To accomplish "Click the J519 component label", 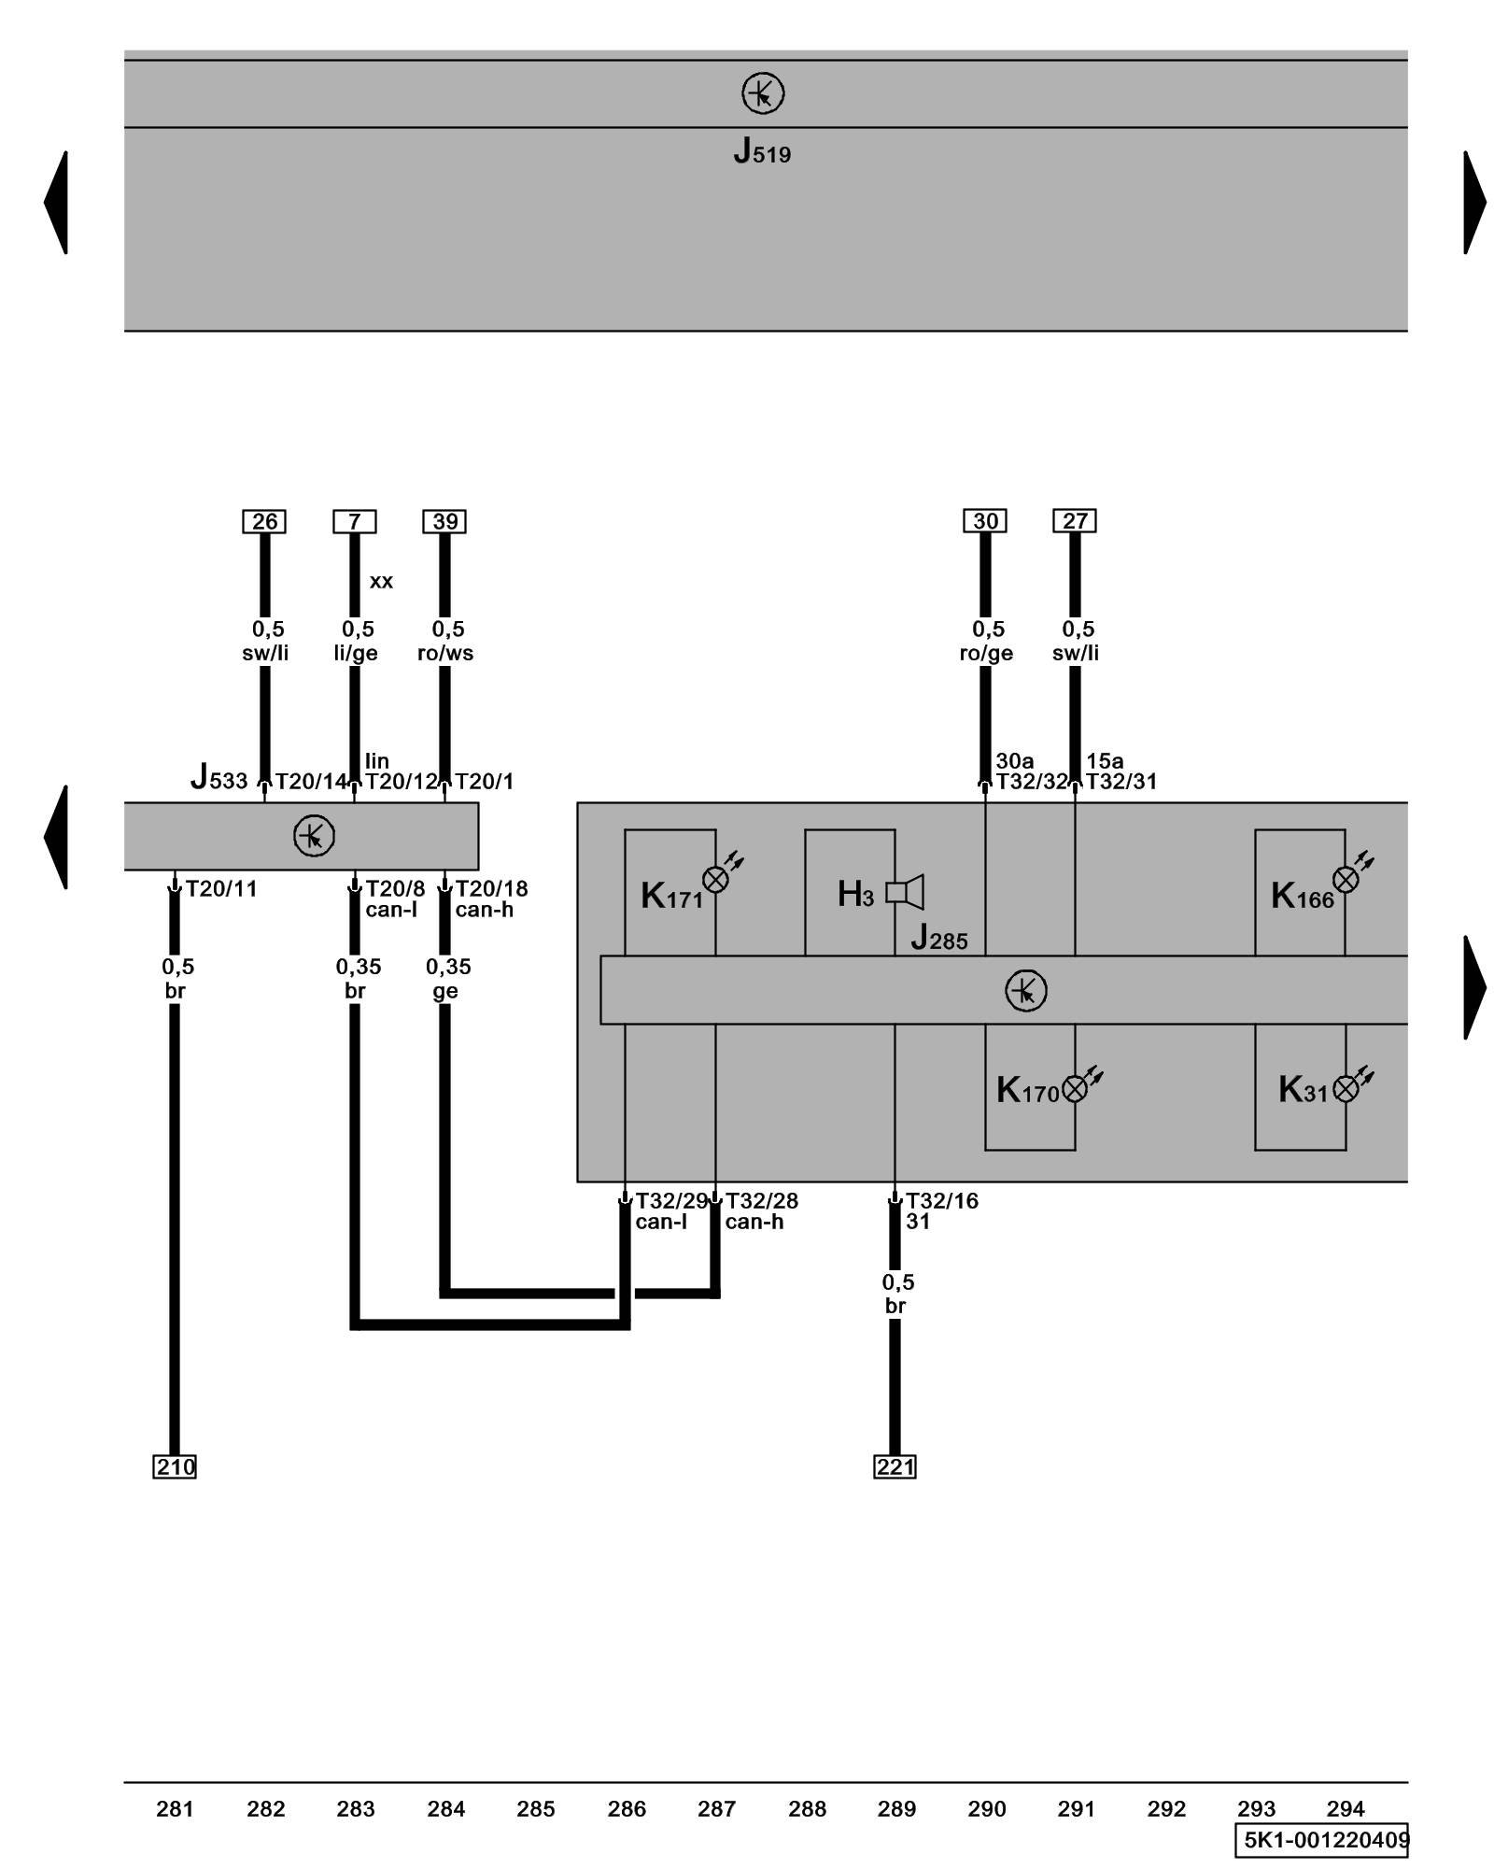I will tap(762, 151).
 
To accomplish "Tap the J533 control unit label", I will tap(219, 777).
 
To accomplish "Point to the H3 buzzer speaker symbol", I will tap(905, 892).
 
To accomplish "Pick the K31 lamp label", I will tap(1303, 1090).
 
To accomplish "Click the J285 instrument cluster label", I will tap(939, 938).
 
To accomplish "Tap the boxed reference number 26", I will tap(264, 521).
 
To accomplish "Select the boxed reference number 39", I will tap(444, 521).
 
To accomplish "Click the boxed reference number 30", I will tap(985, 520).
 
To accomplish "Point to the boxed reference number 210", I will tap(175, 1466).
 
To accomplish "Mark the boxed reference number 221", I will tap(895, 1466).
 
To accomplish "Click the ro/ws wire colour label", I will tap(445, 653).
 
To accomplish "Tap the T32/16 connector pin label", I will tap(942, 1200).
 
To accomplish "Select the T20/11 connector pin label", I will tap(221, 888).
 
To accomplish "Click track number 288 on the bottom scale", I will tap(807, 1809).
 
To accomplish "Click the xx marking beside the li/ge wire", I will tap(381, 581).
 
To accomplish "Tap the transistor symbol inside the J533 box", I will tap(314, 836).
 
